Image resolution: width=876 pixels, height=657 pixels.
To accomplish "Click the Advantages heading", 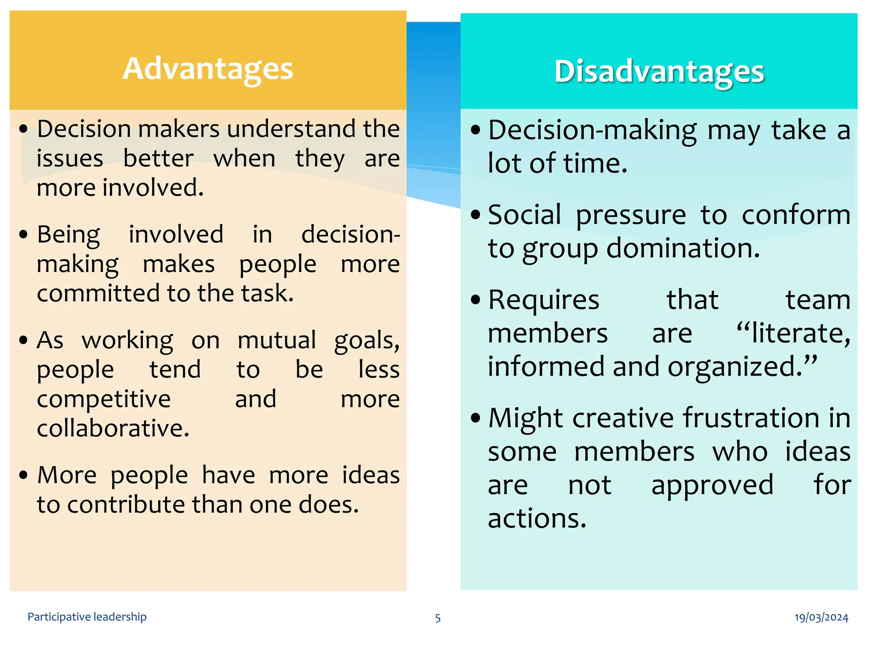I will tap(208, 69).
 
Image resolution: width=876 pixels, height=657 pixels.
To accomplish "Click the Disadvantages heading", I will tap(659, 72).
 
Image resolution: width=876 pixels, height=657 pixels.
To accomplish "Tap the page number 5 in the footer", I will tap(438, 618).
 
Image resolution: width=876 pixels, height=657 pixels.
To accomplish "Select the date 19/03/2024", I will tap(821, 617).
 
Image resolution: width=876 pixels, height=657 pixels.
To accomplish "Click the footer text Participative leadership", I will tap(87, 617).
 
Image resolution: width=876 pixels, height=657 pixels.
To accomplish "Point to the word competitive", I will tap(104, 400).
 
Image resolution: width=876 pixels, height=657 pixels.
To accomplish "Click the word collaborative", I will tap(113, 429).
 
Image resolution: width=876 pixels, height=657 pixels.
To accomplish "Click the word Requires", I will tap(544, 300).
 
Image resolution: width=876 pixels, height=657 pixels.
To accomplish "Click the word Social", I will tap(524, 215).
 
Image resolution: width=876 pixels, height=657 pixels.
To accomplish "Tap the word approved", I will tap(712, 485).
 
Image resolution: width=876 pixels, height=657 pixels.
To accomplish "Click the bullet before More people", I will tap(24, 476).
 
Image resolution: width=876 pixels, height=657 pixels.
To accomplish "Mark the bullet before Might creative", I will tap(475, 418).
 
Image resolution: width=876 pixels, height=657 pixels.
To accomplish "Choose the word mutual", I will tap(277, 341).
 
